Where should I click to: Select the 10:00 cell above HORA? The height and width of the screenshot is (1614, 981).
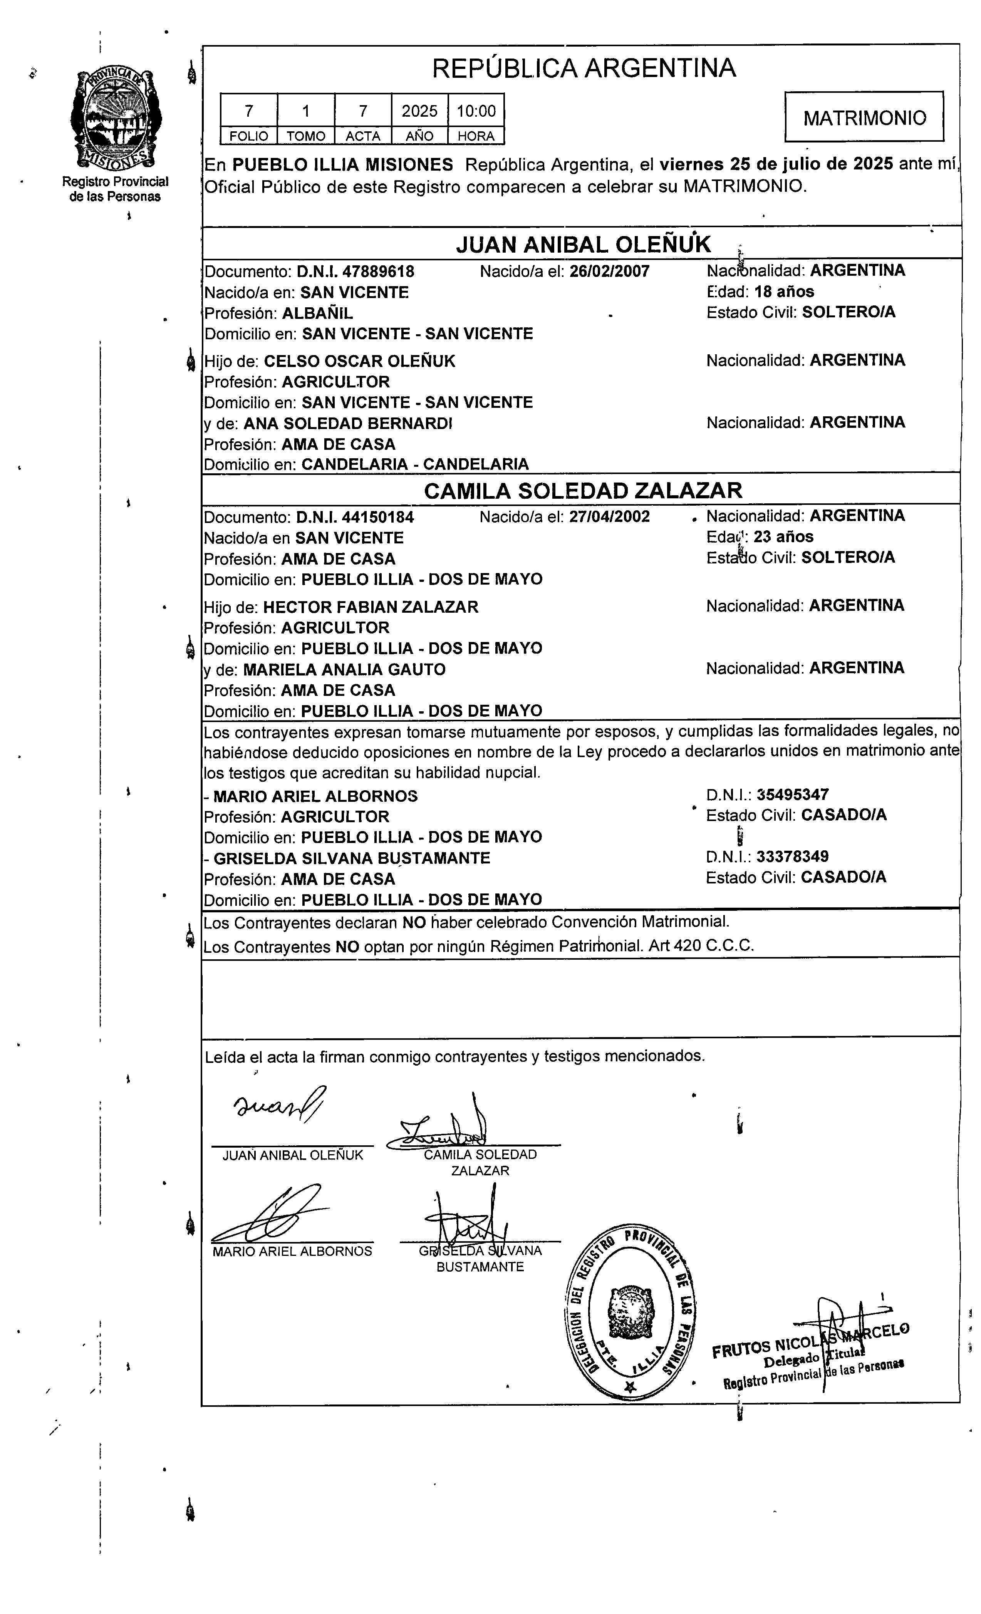tap(476, 111)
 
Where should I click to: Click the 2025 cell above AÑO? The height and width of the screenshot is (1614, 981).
tap(419, 111)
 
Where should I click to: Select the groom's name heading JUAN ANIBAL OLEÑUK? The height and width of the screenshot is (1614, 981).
tap(583, 244)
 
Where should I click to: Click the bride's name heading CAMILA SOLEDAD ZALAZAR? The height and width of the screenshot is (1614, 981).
tap(583, 490)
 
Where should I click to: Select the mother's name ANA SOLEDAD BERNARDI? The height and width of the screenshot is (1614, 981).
tap(348, 424)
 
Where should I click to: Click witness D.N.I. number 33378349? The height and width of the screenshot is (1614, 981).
tap(792, 856)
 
